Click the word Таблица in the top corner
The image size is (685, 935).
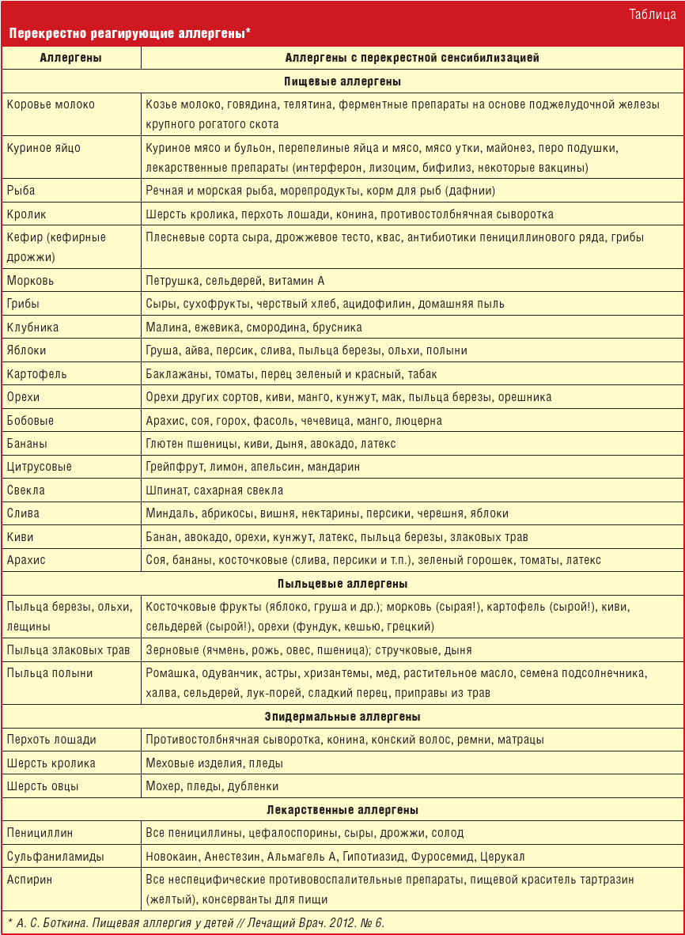click(x=652, y=14)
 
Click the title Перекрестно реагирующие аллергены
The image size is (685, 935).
click(x=130, y=34)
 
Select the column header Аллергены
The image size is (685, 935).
click(x=70, y=58)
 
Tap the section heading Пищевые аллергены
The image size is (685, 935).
click(x=342, y=81)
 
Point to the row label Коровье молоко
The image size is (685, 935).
click(x=51, y=104)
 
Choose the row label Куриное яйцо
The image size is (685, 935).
click(x=44, y=148)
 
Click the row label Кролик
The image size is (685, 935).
click(x=27, y=214)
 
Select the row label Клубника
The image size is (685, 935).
click(x=32, y=327)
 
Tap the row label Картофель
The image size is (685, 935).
click(x=36, y=374)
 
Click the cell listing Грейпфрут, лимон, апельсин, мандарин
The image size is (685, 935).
click(x=253, y=467)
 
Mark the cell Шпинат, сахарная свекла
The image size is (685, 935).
click(x=214, y=490)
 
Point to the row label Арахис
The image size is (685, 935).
click(x=26, y=560)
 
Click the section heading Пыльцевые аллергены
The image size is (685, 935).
click(x=342, y=584)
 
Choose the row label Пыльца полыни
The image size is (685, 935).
click(x=50, y=673)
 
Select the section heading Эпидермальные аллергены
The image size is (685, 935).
click(x=342, y=717)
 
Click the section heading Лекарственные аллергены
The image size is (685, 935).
click(x=342, y=810)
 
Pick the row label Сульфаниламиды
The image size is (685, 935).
click(x=55, y=857)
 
